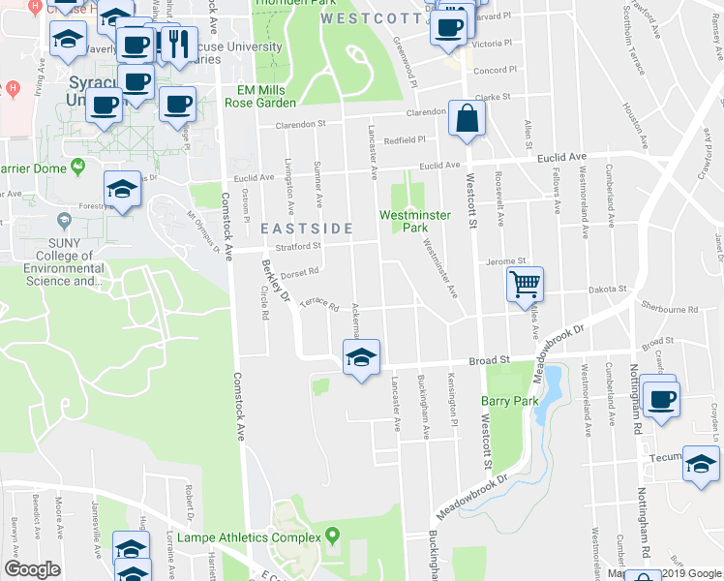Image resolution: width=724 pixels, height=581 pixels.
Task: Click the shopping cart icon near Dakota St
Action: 525,284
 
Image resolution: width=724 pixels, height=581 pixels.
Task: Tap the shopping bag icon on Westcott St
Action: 467,119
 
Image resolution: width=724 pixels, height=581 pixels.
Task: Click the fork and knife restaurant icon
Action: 175,43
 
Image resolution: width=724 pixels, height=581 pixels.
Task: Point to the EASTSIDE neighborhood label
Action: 302,228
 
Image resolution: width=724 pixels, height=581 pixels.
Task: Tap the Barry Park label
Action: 509,401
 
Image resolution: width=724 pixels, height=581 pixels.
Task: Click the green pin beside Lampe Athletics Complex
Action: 333,535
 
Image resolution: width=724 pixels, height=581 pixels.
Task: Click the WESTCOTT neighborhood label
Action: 359,18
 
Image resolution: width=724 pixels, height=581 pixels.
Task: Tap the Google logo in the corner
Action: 32,569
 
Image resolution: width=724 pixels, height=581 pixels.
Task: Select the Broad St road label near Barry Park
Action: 490,360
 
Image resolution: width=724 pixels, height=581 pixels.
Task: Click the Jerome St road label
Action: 504,260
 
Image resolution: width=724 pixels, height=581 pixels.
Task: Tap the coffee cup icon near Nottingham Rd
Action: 662,400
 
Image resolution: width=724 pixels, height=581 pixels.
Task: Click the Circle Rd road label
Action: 263,303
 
